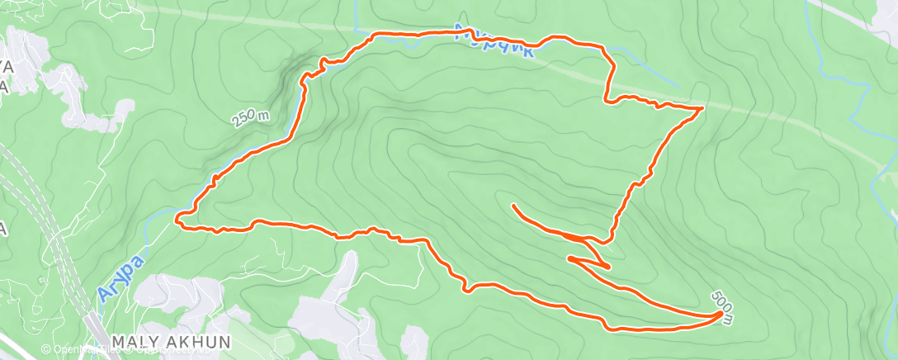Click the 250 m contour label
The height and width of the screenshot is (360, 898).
pyautogui.click(x=251, y=119)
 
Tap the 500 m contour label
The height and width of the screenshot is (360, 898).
pyautogui.click(x=721, y=299)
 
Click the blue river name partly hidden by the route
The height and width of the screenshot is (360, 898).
pyautogui.click(x=495, y=41)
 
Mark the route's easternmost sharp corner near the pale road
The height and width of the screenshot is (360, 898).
pyautogui.click(x=702, y=108)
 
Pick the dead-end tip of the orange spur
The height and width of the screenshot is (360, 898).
pyautogui.click(x=514, y=205)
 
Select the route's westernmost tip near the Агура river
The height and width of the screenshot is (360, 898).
pyautogui.click(x=177, y=219)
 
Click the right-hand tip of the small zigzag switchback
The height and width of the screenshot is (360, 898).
pyautogui.click(x=608, y=268)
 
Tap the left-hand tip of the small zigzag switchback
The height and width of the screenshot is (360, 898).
pyautogui.click(x=569, y=258)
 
